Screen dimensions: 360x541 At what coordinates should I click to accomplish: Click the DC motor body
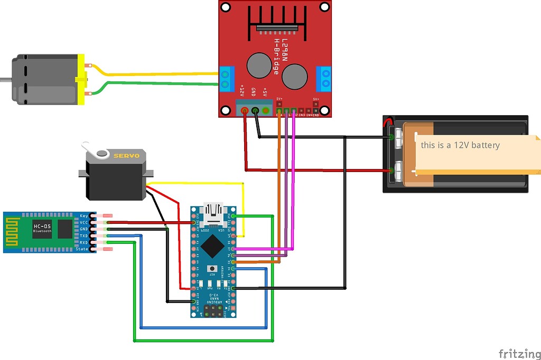(45, 79)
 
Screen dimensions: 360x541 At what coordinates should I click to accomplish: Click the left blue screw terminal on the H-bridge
(227, 78)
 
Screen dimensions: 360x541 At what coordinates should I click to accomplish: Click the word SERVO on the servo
(127, 156)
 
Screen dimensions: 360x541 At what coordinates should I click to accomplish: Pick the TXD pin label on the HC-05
(83, 236)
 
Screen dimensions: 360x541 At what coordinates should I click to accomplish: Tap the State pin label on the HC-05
(82, 249)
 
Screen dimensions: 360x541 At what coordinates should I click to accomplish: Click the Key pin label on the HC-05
(84, 216)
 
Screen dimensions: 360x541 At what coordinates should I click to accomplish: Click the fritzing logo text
(519, 353)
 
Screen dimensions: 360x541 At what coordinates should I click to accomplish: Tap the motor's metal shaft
(5, 80)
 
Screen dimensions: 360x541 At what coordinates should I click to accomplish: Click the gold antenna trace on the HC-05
(13, 232)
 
